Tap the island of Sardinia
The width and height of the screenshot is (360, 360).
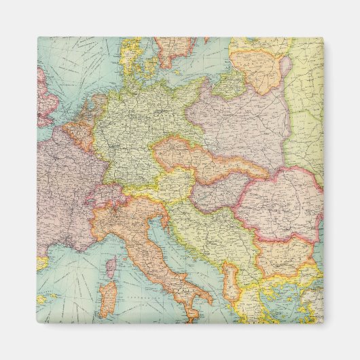[x=107, y=295]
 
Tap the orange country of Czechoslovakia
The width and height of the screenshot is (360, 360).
[x=204, y=163]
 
